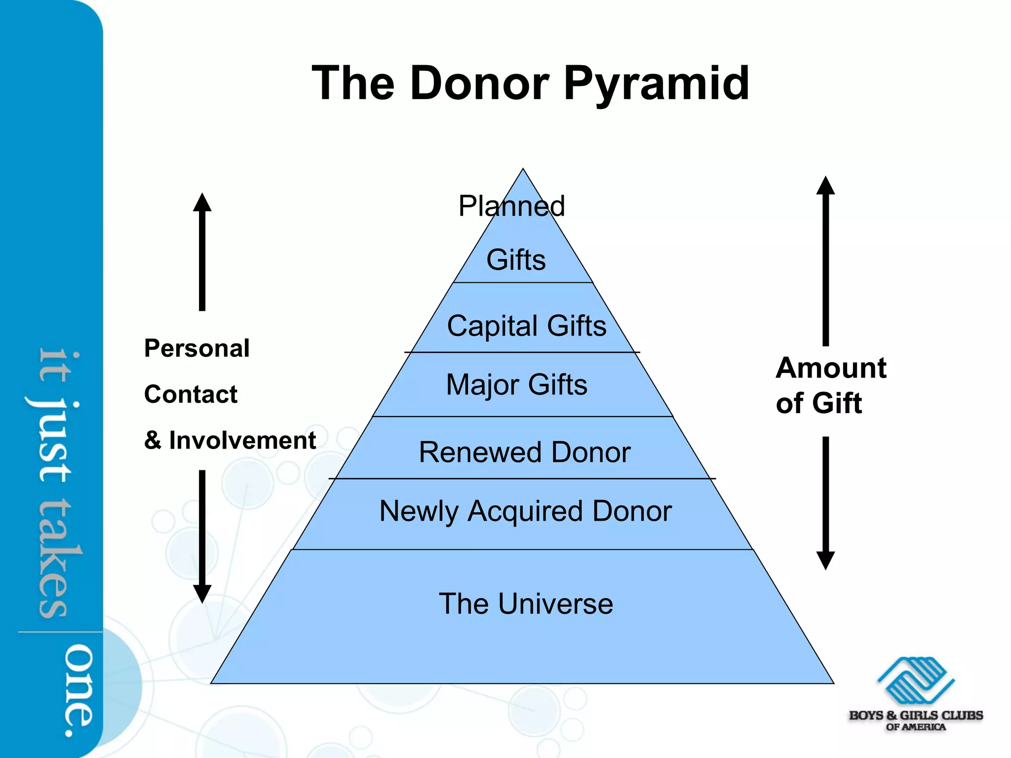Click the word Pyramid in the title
click(656, 84)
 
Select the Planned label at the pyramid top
click(511, 206)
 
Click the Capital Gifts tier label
click(526, 326)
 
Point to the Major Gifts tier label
click(516, 385)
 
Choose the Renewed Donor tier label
click(524, 452)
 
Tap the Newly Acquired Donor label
click(525, 511)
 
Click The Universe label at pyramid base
click(526, 604)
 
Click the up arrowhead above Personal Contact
click(202, 202)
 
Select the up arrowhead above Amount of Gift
click(825, 186)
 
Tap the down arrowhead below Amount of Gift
click(825, 560)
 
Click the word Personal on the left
click(196, 348)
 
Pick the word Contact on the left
click(191, 394)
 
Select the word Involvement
click(242, 440)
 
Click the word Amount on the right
click(831, 368)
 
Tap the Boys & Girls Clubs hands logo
click(916, 681)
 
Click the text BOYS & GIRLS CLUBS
click(916, 715)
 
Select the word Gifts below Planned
click(516, 260)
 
